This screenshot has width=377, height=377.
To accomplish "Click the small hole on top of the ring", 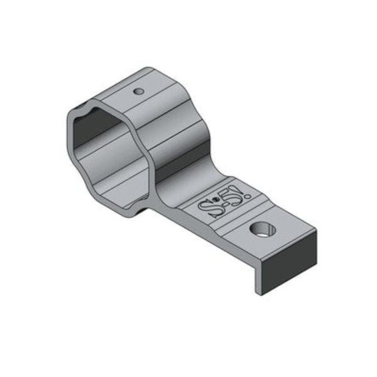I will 139,92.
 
